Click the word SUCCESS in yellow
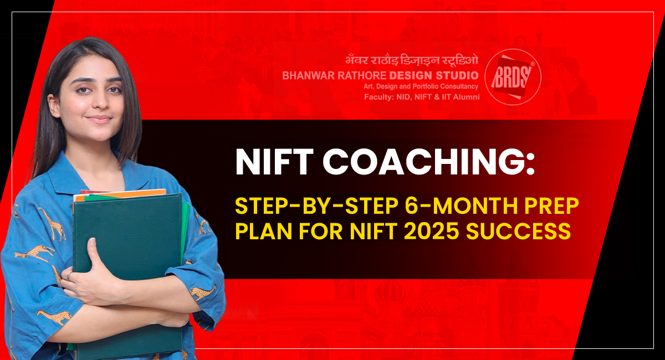[519, 232]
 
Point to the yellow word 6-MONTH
[461, 205]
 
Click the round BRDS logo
[513, 77]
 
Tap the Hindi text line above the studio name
[412, 60]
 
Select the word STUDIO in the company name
[457, 76]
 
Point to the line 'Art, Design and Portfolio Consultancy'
[421, 86]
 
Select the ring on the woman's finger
[69, 276]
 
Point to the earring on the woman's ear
[52, 112]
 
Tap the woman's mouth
[99, 119]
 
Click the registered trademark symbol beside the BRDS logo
[533, 64]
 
